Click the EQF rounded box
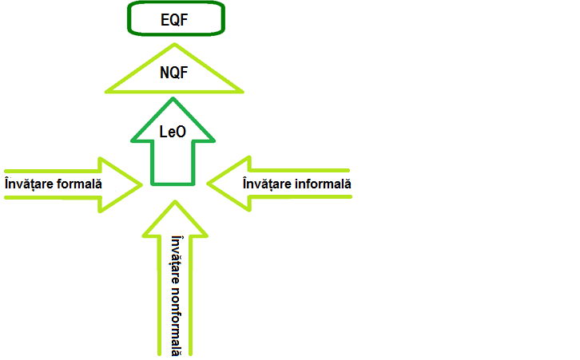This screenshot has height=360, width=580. (175, 18)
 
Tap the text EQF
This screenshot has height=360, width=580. (175, 18)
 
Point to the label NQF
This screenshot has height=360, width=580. (175, 74)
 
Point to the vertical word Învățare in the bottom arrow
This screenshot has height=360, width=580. (176, 257)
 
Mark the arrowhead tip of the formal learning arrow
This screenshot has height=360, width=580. (141, 184)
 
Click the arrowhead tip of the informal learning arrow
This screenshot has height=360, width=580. (209, 183)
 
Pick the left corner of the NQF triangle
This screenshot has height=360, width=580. (108, 89)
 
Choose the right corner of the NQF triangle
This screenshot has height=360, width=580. (243, 89)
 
